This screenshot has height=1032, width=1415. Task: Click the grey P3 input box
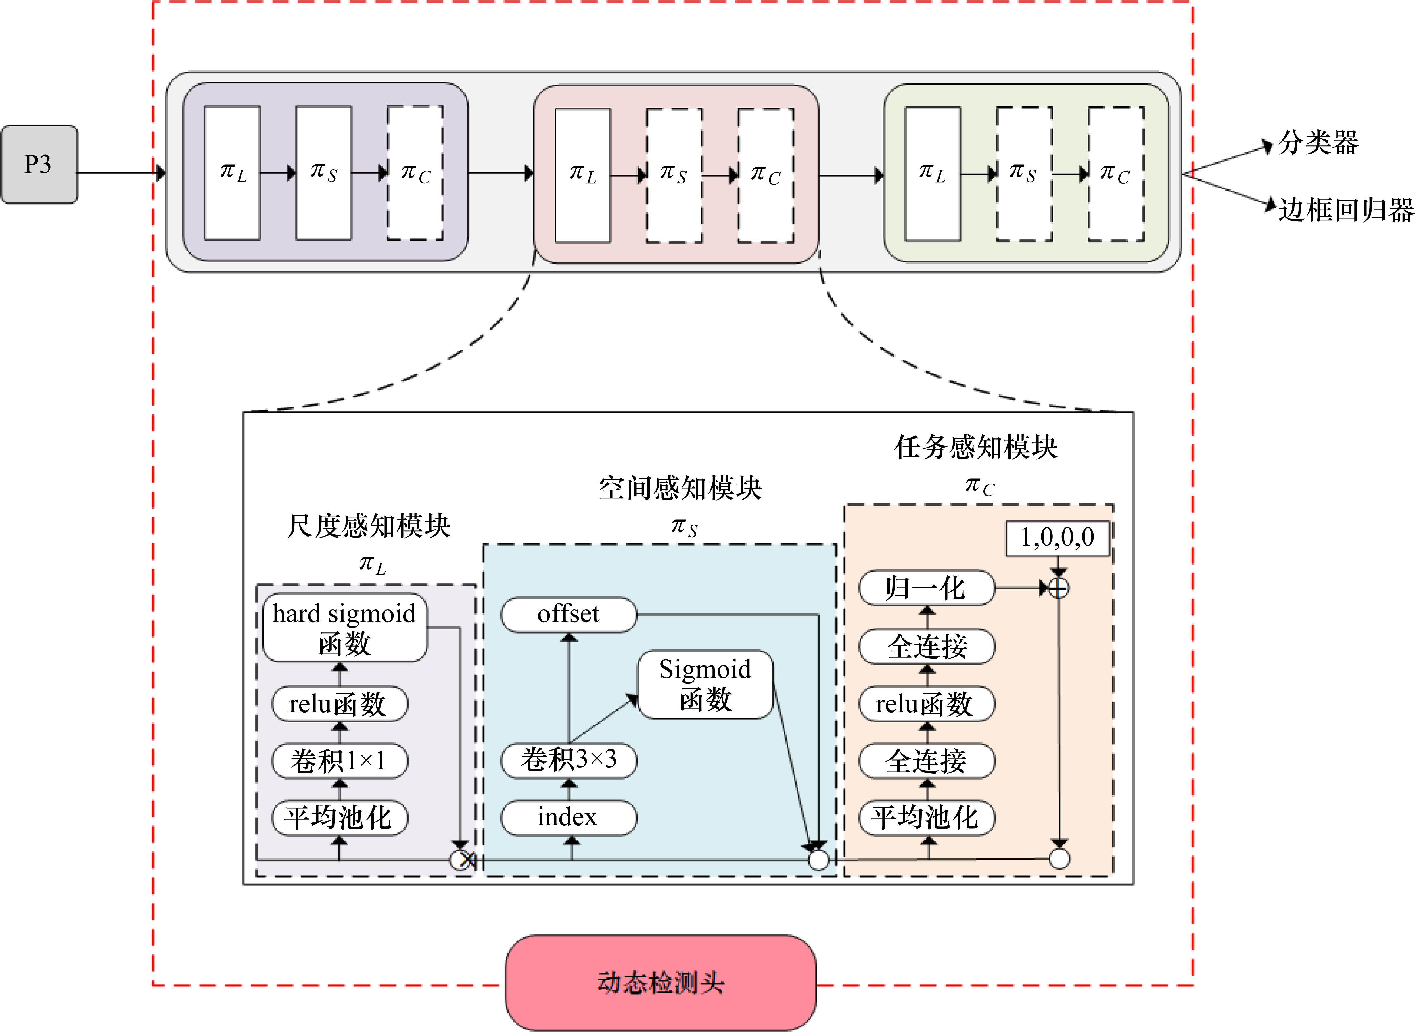click(39, 164)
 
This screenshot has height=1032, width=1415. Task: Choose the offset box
click(568, 615)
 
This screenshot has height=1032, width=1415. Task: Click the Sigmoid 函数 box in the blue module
click(705, 685)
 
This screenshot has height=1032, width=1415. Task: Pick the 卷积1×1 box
click(339, 761)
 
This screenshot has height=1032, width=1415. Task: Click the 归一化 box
click(927, 588)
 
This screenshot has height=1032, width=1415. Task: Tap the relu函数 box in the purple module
click(339, 704)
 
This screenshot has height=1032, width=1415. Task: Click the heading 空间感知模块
click(680, 488)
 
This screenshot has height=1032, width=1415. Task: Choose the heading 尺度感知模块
click(369, 526)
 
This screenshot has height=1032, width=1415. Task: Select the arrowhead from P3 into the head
click(160, 172)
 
